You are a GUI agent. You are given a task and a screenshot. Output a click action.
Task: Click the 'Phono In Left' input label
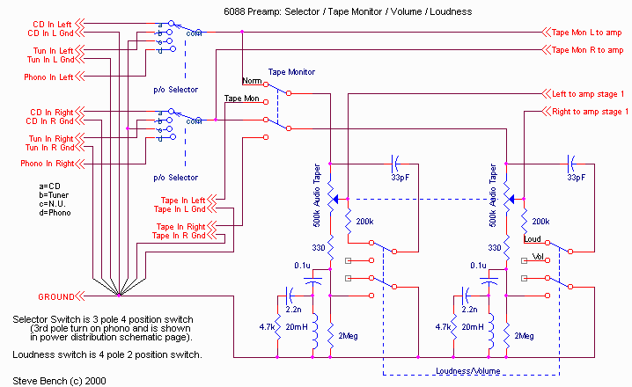(x=40, y=77)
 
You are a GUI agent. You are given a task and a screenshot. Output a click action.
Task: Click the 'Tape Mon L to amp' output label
(x=584, y=33)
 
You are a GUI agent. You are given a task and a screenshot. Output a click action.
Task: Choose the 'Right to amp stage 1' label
(x=589, y=111)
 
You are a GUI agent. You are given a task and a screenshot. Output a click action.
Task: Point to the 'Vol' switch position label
(x=539, y=256)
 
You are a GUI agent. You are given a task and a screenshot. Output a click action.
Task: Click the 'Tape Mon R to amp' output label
(x=584, y=50)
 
